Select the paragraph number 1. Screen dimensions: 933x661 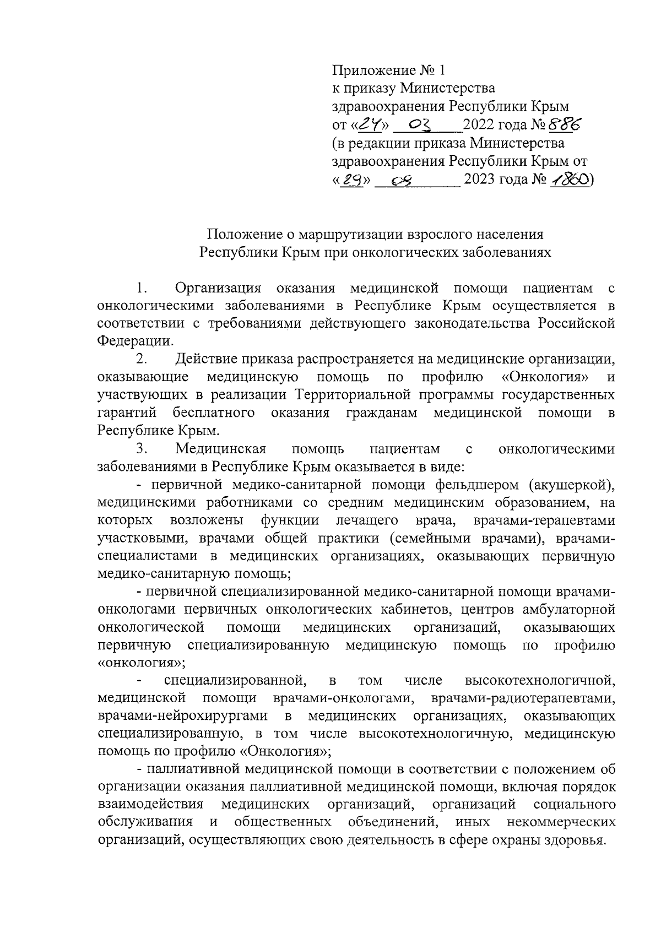coord(142,288)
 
